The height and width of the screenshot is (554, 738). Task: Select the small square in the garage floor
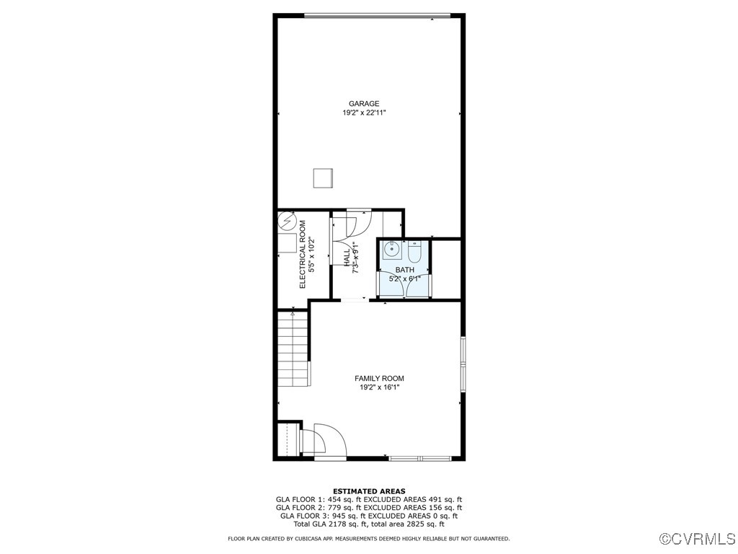[x=322, y=178]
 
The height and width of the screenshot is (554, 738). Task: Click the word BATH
[x=404, y=269]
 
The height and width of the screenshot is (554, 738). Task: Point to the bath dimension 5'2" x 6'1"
[x=404, y=278]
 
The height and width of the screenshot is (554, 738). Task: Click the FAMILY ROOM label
[x=379, y=379]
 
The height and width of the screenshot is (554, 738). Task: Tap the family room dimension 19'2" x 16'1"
[x=379, y=388]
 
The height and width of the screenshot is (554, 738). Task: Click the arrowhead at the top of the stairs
[x=293, y=314]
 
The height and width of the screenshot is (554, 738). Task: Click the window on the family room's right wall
[x=463, y=364]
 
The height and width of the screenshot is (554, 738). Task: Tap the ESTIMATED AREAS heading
[x=369, y=491]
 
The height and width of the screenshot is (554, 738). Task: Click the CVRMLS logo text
[x=698, y=539]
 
